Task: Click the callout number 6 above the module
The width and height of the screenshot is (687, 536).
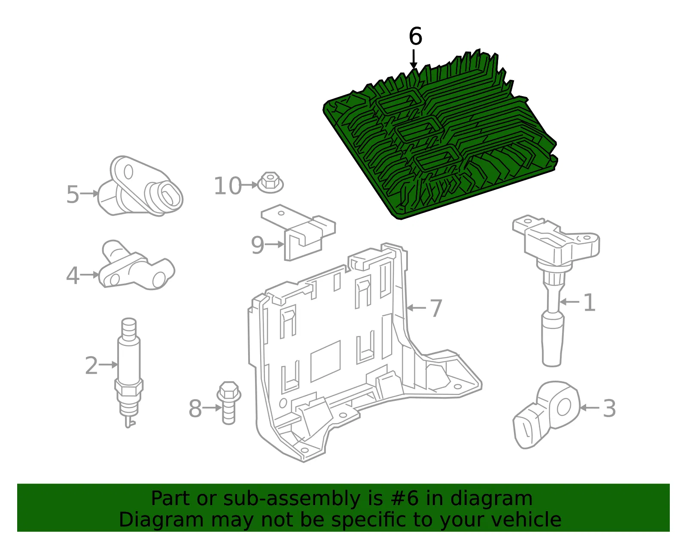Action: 415,36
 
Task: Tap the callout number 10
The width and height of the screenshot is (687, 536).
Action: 228,186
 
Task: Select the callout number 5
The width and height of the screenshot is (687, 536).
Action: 73,194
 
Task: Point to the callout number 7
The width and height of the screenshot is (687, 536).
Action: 436,308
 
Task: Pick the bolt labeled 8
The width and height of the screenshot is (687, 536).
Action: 228,403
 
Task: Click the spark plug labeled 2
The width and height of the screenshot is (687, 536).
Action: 129,372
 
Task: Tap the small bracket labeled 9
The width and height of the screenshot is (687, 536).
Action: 298,233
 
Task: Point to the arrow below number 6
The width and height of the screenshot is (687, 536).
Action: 413,59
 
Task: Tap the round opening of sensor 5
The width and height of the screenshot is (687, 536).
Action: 167,195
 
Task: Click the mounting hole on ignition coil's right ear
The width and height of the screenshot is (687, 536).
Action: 587,237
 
